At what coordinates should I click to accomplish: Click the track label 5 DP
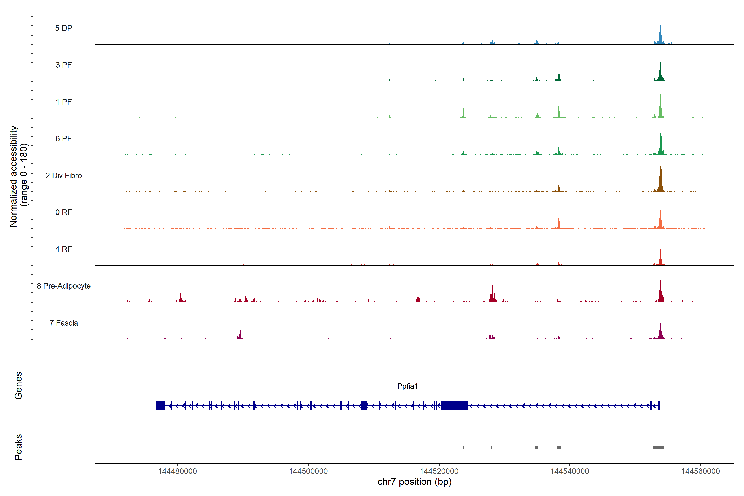pos(64,28)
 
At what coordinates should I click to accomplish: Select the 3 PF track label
pos(64,65)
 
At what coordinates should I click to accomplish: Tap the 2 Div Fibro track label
pos(64,175)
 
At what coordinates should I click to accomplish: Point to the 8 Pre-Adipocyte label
pos(64,286)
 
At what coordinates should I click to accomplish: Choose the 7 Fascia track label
pos(64,323)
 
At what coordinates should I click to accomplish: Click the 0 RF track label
pos(64,212)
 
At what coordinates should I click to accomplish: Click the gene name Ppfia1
pos(407,386)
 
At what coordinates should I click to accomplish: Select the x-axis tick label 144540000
pos(570,471)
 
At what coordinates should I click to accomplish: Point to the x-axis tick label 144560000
pos(700,471)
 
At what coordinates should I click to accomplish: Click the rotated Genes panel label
pos(18,386)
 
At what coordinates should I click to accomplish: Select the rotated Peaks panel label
pos(18,447)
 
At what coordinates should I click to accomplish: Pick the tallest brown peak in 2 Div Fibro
pos(661,177)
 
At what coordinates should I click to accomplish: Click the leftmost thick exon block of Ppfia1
pos(160,405)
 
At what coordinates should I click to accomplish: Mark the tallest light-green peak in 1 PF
pos(660,107)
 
